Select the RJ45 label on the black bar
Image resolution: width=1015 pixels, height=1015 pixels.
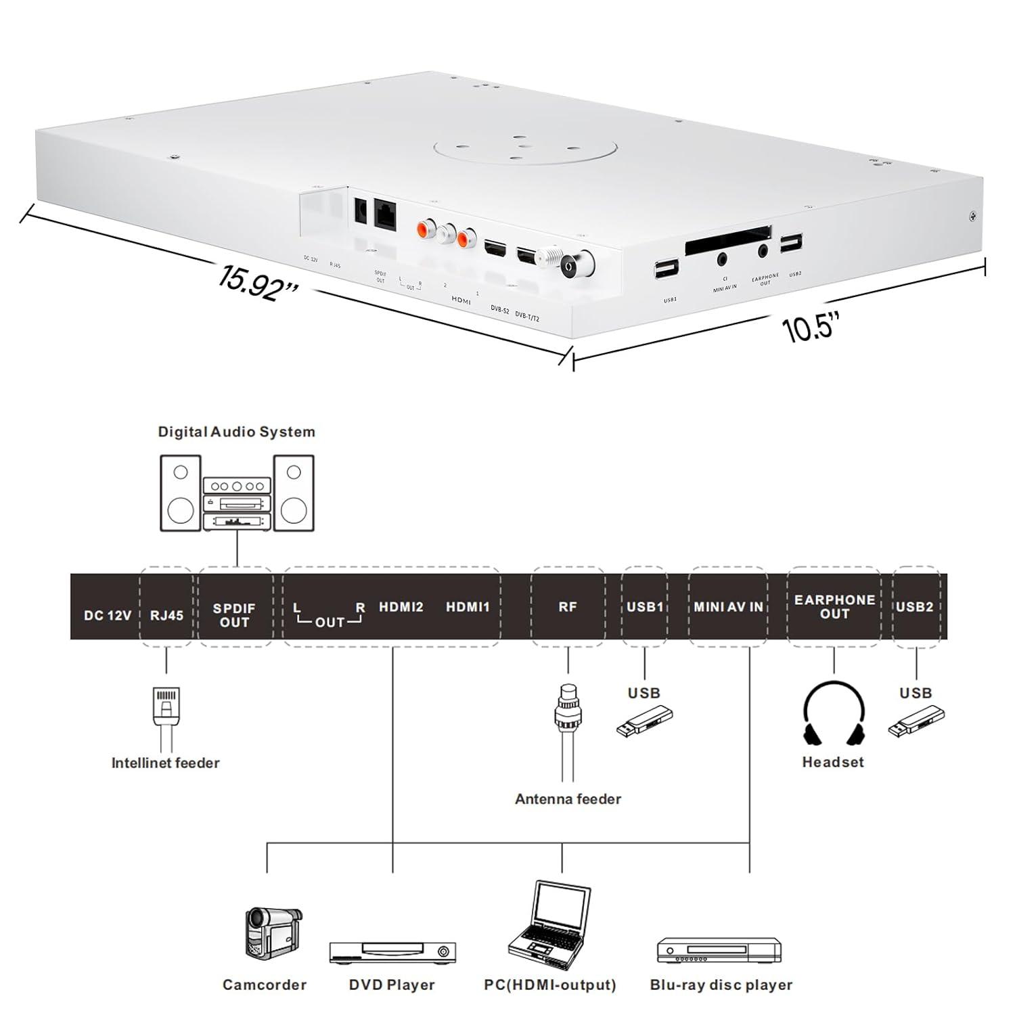(166, 616)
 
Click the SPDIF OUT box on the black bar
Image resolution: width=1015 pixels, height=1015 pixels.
(234, 615)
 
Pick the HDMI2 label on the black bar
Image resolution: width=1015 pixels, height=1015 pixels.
(401, 607)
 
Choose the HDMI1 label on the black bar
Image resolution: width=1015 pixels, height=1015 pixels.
(467, 607)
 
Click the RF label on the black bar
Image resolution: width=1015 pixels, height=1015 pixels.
(568, 607)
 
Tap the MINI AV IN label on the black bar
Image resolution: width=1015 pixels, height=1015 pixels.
(728, 607)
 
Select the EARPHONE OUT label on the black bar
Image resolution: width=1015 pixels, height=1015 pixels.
(834, 607)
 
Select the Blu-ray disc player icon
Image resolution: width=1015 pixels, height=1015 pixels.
(719, 949)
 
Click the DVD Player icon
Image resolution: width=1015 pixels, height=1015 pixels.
(392, 952)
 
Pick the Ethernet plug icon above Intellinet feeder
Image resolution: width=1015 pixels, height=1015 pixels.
(166, 706)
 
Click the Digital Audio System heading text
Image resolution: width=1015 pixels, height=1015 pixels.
(236, 432)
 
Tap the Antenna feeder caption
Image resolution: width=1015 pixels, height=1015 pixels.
(568, 799)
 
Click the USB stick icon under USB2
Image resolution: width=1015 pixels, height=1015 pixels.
(916, 721)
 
